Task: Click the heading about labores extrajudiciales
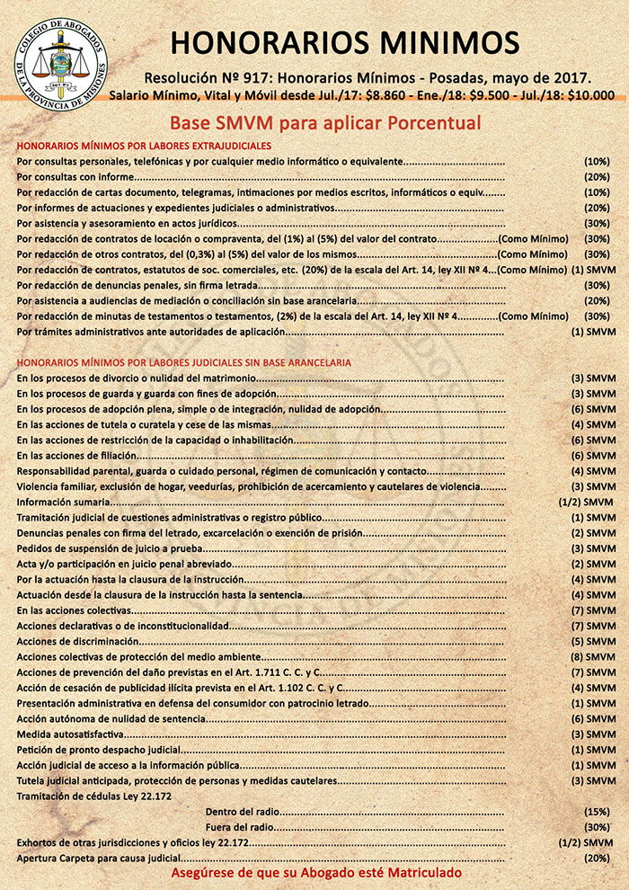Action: (x=144, y=145)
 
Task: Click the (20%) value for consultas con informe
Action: (x=597, y=177)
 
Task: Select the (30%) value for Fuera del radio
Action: (x=597, y=827)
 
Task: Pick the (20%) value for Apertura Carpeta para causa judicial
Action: (x=597, y=859)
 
